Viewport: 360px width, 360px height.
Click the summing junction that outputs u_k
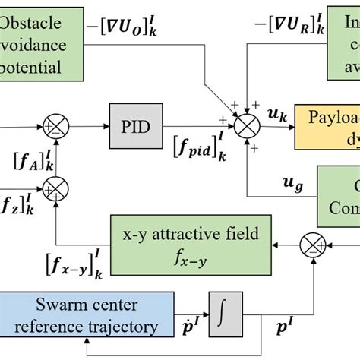[x=248, y=127]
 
